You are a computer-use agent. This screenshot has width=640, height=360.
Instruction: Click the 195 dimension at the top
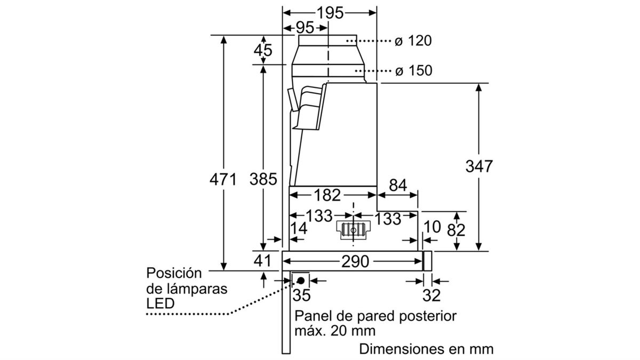pos(330,13)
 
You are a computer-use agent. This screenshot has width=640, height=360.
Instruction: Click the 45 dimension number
pos(262,51)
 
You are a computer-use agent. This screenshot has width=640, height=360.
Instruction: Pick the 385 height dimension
pos(262,179)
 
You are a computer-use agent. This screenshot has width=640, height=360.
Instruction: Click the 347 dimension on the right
pos(478,166)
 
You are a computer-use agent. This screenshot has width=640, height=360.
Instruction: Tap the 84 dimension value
pos(397,186)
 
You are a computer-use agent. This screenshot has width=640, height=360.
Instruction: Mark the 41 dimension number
pos(262,261)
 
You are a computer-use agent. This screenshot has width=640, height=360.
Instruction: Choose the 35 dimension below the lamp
pos(302,294)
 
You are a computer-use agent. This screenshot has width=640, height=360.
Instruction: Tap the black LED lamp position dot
pos(301,280)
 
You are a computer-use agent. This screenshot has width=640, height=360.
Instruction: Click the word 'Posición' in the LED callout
pos(174,274)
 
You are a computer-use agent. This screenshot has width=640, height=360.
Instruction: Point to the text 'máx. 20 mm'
pos(334,331)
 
